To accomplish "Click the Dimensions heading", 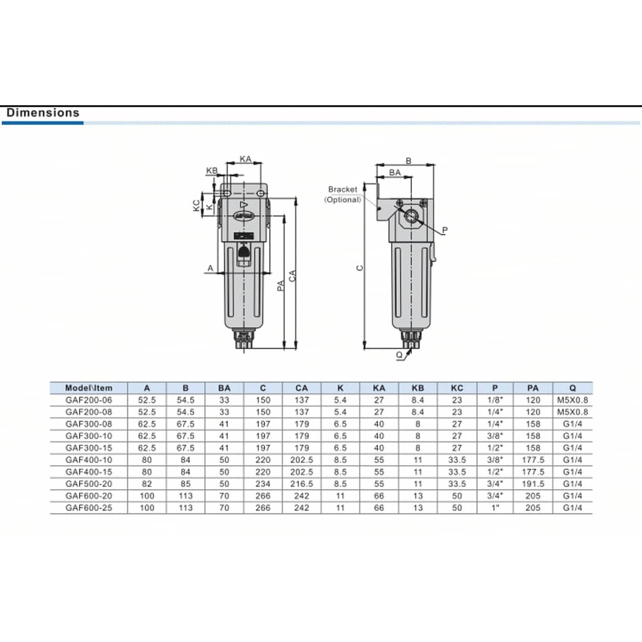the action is click(x=43, y=113).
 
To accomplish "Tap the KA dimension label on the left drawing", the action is click(x=245, y=159).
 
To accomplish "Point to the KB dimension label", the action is click(x=212, y=171).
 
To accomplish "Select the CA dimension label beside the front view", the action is click(x=292, y=276).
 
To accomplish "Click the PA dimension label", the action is click(x=280, y=285).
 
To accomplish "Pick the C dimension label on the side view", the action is click(x=359, y=268).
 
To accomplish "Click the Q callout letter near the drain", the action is click(x=399, y=355).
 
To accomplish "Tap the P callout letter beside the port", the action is click(x=445, y=230).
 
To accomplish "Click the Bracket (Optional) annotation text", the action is click(x=343, y=194).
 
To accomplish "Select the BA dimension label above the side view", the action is click(x=395, y=172).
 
